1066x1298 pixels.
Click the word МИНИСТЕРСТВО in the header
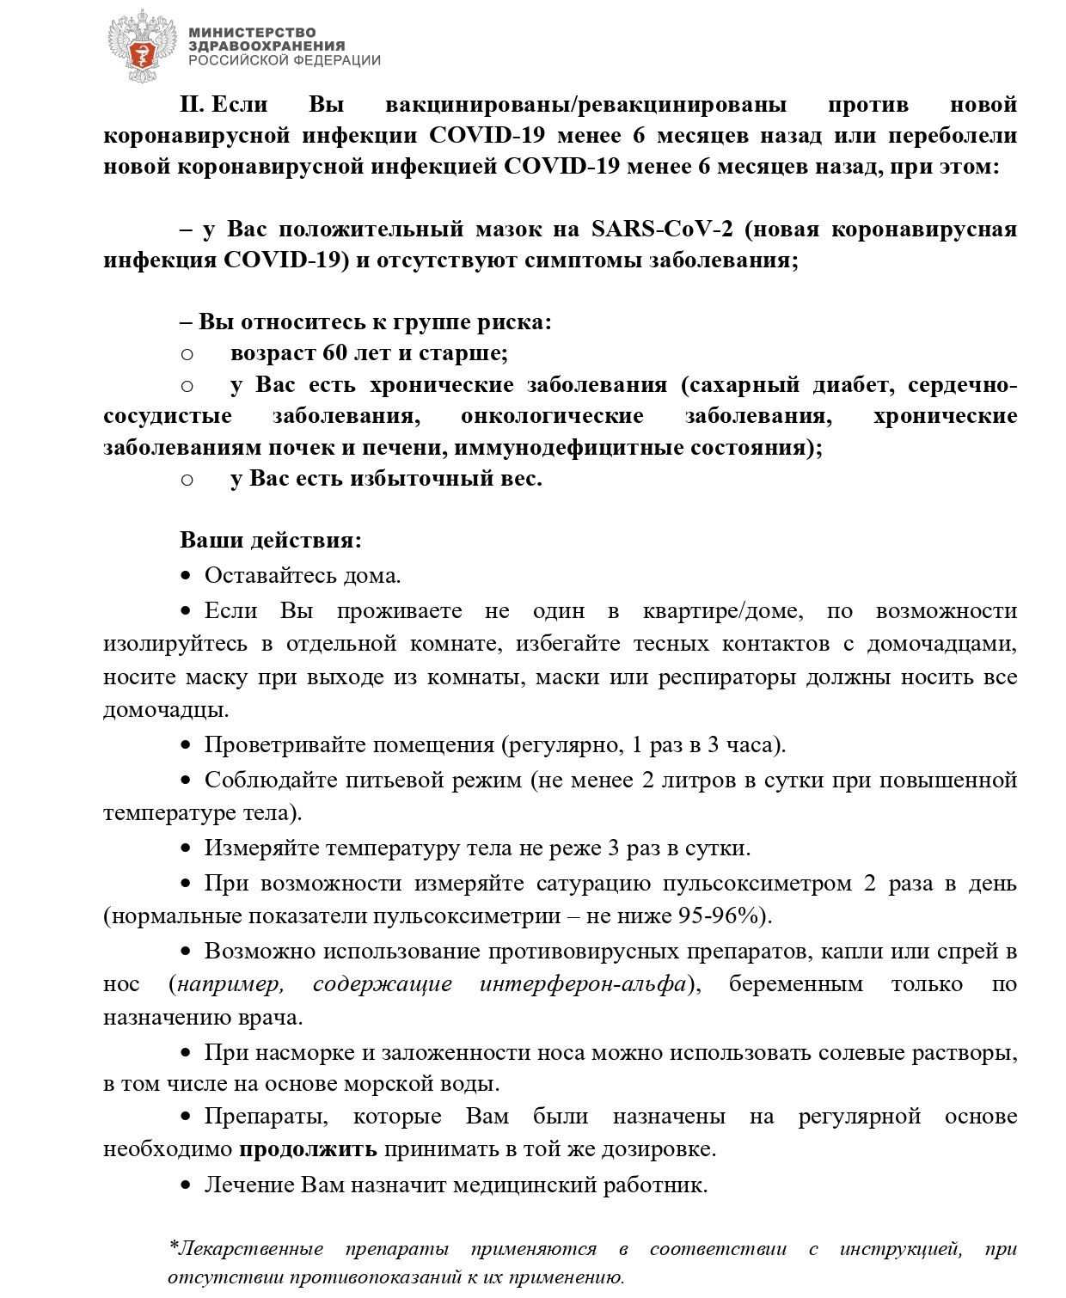click(x=252, y=33)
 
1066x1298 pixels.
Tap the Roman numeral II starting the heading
click(x=191, y=105)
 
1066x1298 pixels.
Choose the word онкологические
click(x=552, y=416)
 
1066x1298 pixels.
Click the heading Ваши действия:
click(x=271, y=541)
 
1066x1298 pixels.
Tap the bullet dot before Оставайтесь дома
click(x=186, y=575)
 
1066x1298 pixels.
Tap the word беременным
click(x=795, y=984)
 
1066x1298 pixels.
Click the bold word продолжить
click(x=308, y=1149)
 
